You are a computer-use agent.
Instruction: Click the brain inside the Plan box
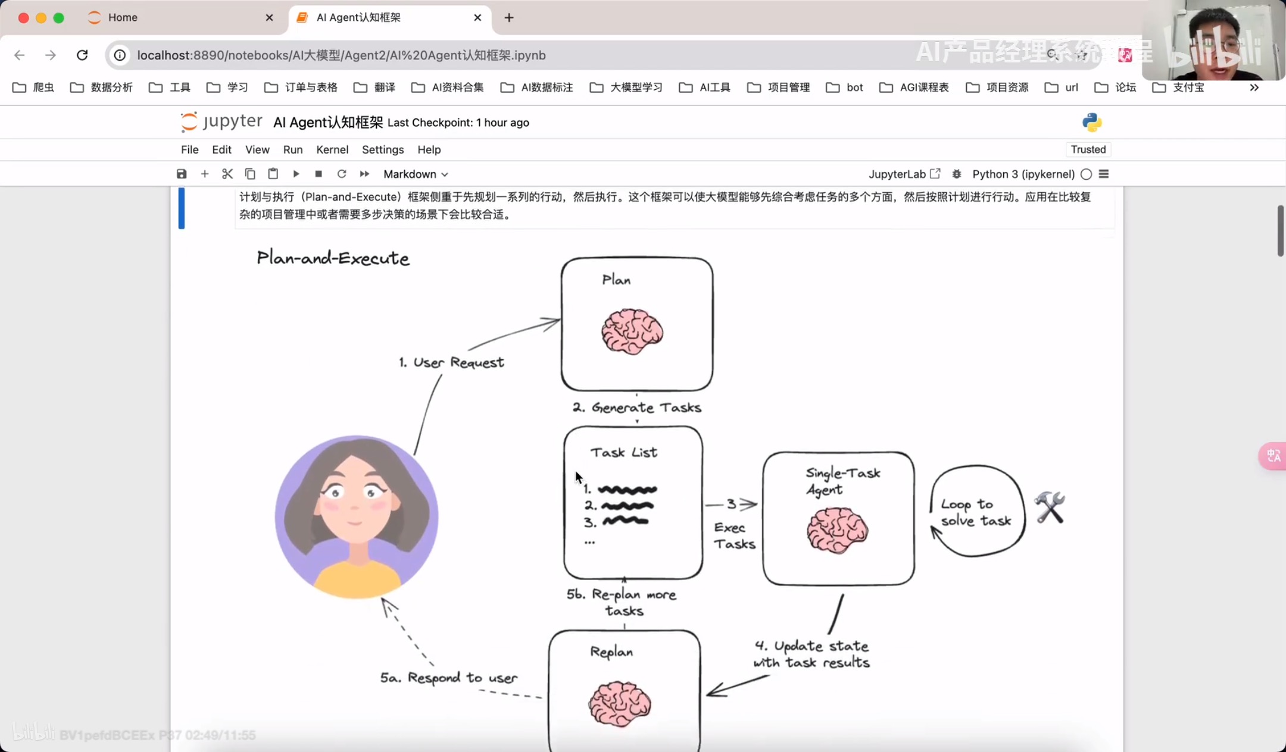[632, 331]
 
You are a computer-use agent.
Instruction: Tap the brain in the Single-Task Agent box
[837, 529]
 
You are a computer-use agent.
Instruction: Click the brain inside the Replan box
[619, 704]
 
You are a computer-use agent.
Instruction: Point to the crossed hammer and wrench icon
[1050, 507]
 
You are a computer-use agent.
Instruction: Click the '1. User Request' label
[451, 362]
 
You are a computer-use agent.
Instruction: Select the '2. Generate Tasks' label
[637, 408]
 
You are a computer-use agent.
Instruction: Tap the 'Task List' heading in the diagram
[623, 453]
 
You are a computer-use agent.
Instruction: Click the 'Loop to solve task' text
[975, 512]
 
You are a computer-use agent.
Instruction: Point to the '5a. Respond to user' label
[449, 678]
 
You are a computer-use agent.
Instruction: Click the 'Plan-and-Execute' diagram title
[333, 258]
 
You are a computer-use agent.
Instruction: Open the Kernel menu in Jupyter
[332, 150]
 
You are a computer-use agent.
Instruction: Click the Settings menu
[382, 150]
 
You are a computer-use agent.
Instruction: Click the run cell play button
[296, 174]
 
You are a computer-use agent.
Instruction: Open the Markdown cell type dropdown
[415, 174]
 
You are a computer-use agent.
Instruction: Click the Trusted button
[1088, 149]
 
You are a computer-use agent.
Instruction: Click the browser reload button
[82, 55]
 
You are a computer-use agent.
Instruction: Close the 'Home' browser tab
[269, 18]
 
